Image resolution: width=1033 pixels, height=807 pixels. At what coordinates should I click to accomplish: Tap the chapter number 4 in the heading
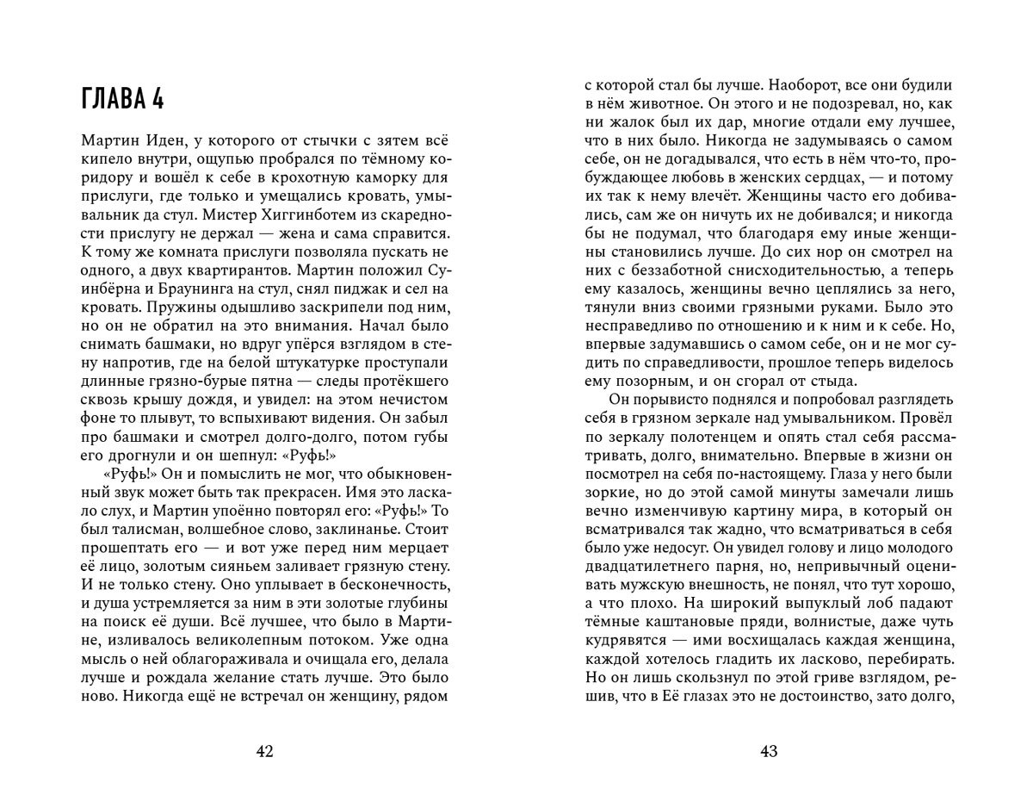(x=158, y=99)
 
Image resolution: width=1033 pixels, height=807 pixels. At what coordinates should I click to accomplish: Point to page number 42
(x=265, y=752)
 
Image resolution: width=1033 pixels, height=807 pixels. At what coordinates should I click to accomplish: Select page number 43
(x=769, y=752)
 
